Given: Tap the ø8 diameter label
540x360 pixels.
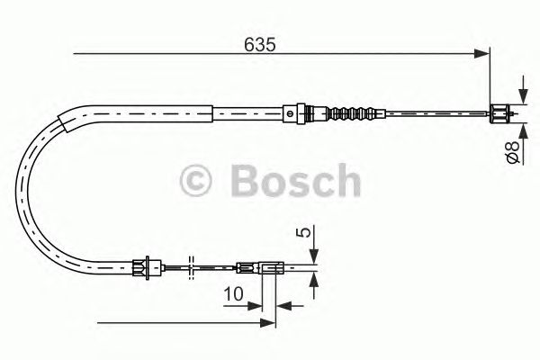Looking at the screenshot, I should [x=510, y=153].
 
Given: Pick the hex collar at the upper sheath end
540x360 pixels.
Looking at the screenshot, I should [x=290, y=113].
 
